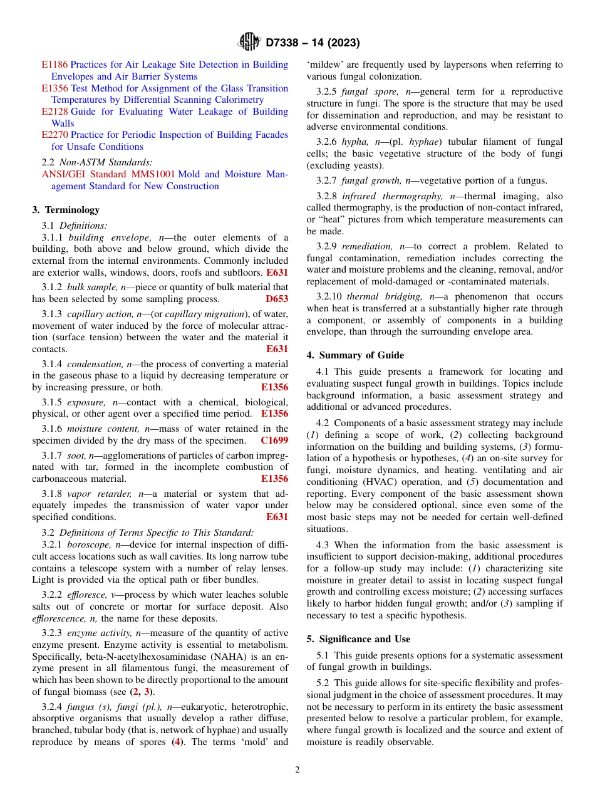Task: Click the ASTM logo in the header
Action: coord(249,42)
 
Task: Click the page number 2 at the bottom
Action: coord(297,770)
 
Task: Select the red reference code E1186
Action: coord(54,65)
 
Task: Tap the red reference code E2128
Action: coord(54,112)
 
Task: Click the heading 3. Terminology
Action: coord(66,210)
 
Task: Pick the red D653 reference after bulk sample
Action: coord(277,300)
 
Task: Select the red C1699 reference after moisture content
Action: coord(274,440)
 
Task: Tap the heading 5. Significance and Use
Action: coord(358,639)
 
